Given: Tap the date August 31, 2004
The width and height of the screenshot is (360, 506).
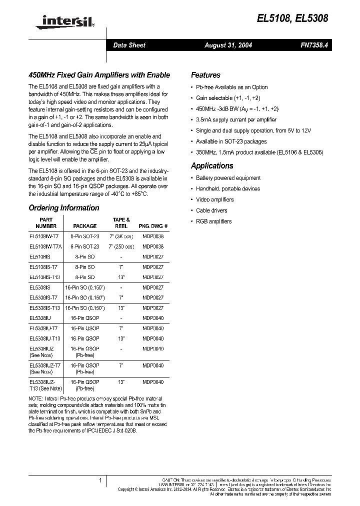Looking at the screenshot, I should coord(228,45).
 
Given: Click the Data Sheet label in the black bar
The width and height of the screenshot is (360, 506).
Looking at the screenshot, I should coord(129,45).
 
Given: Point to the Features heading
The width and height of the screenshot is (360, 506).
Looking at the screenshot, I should coord(205,75).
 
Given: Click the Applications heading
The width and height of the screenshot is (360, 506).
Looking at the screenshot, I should coord(212,166).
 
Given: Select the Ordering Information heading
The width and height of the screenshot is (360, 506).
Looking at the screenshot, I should coord(64,208).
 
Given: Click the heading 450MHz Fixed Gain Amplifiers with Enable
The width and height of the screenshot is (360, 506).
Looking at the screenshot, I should coord(99,75).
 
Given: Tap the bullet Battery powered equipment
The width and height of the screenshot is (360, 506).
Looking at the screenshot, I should coord(228,178).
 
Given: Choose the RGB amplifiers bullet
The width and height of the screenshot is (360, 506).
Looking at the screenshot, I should coord(213,221).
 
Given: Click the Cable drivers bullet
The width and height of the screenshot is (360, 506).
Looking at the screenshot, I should coord(211,210).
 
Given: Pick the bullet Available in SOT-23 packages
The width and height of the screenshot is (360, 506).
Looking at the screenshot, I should coord(231,141).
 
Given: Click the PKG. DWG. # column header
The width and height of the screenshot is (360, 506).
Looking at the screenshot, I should coord(152,226).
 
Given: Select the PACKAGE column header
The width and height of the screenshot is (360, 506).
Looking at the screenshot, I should coord(84,226).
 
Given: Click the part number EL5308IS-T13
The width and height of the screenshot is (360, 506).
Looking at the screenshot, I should coord(45,308).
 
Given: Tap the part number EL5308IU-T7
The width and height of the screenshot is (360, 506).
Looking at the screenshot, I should coord(43,328).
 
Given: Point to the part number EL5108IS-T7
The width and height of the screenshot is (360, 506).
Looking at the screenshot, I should coord(43,267).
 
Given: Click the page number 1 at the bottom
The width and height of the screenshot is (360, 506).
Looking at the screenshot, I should coord(100,480).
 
